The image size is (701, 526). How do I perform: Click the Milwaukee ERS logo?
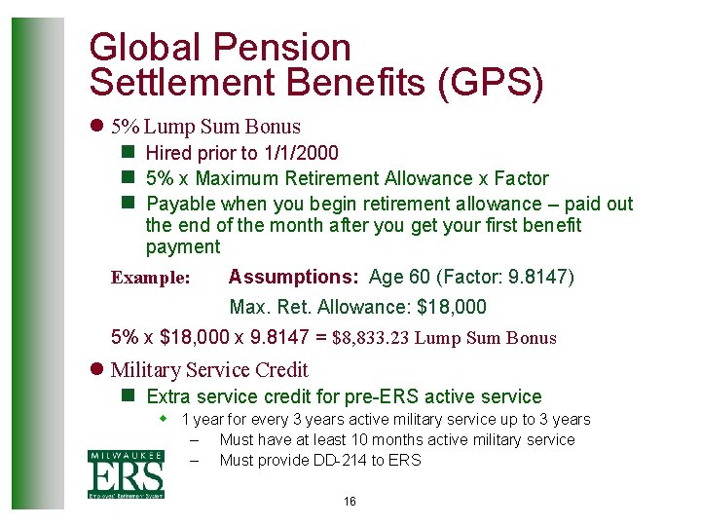127,475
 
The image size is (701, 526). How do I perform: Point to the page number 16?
350,502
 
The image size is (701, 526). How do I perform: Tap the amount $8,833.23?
373,339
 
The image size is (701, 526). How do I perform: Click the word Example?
151,279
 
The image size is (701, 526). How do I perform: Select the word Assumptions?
293,278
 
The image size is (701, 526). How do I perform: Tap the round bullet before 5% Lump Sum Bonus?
95,127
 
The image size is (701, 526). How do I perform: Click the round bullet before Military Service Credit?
95,370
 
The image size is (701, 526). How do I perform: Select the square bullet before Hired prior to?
127,153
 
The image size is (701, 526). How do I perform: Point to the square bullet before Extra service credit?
127,396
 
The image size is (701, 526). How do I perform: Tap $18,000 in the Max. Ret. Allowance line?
451,308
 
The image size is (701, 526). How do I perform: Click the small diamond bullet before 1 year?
165,419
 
